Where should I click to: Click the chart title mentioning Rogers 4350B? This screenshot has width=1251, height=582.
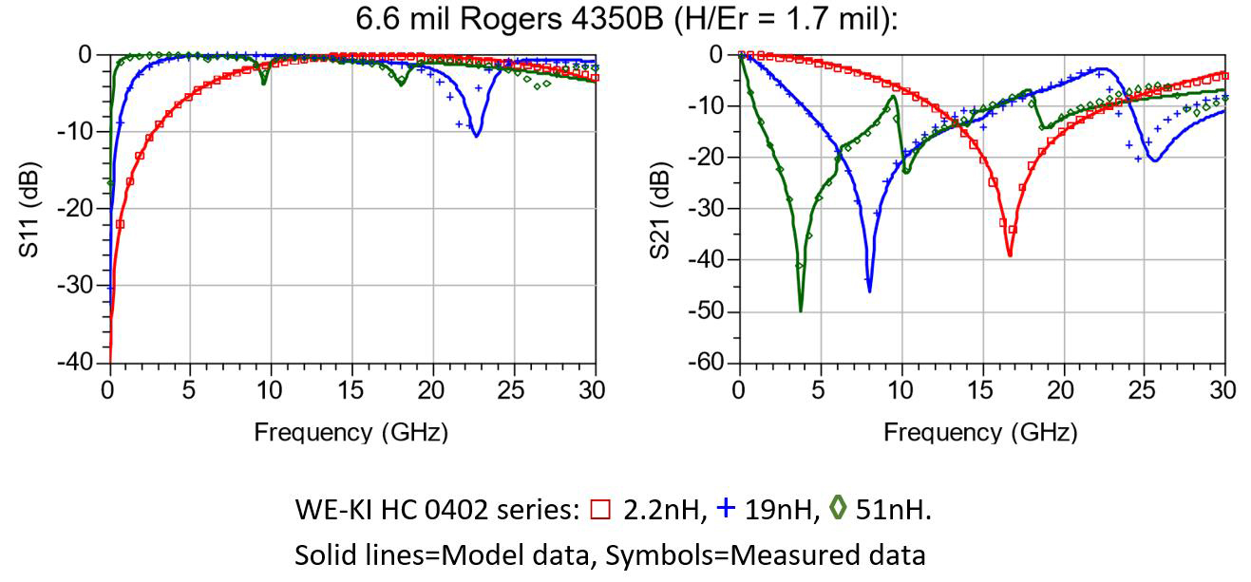pyautogui.click(x=625, y=18)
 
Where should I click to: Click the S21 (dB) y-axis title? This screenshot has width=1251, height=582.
pyautogui.click(x=658, y=208)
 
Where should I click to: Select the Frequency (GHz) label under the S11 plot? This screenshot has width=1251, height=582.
pyautogui.click(x=351, y=433)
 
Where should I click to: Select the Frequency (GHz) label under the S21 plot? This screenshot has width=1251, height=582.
pyautogui.click(x=981, y=433)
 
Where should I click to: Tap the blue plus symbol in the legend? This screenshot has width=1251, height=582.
pyautogui.click(x=727, y=508)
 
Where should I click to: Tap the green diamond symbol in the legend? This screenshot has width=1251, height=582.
pyautogui.click(x=838, y=509)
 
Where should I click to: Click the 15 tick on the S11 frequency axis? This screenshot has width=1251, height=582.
pyautogui.click(x=352, y=389)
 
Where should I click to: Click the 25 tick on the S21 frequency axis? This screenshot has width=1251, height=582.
pyautogui.click(x=1144, y=389)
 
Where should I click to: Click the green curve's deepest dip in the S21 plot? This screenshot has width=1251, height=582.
pyautogui.click(x=801, y=310)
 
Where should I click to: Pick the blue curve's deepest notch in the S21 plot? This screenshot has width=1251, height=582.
pyautogui.click(x=869, y=290)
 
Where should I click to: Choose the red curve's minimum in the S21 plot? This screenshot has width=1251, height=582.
pyautogui.click(x=1010, y=254)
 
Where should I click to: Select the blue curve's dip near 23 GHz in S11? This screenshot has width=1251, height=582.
pyautogui.click(x=476, y=135)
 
